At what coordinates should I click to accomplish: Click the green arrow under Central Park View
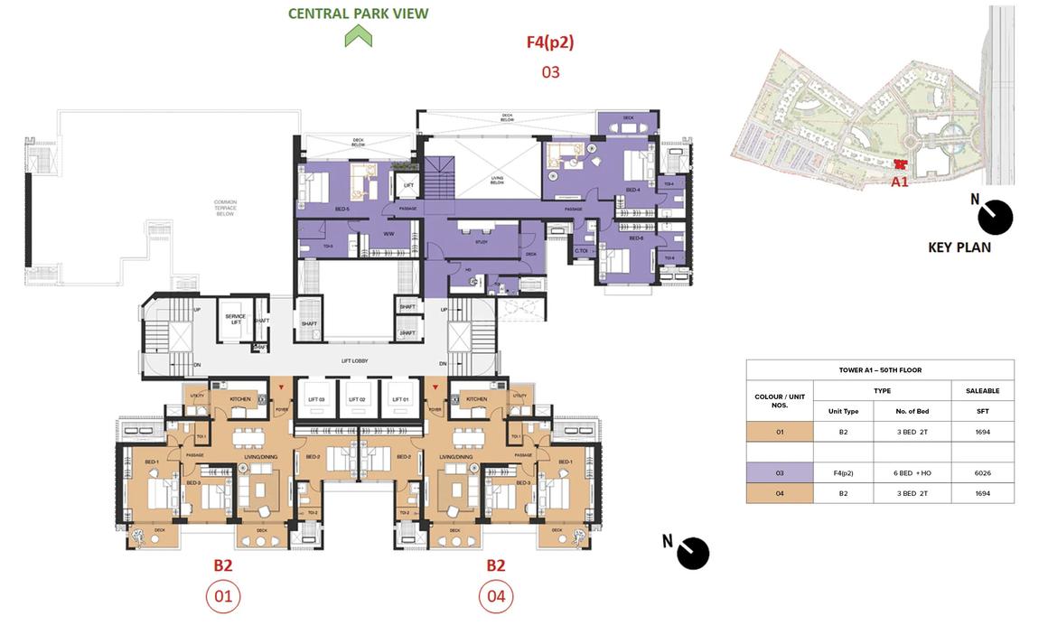pyautogui.click(x=359, y=36)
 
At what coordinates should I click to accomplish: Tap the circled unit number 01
pyautogui.click(x=223, y=597)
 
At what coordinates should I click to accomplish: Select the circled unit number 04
pyautogui.click(x=495, y=597)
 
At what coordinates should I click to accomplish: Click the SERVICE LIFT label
pyautogui.click(x=236, y=319)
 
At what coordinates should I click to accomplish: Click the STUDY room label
pyautogui.click(x=482, y=242)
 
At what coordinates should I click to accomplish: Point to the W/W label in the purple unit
pyautogui.click(x=388, y=234)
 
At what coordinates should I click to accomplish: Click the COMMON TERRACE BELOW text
pyautogui.click(x=225, y=207)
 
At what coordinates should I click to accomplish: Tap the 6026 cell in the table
pyautogui.click(x=983, y=472)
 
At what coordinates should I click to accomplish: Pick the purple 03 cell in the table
pyautogui.click(x=780, y=472)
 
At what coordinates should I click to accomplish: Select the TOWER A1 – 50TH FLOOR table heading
pyautogui.click(x=879, y=369)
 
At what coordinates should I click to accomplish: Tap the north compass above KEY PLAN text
pyautogui.click(x=996, y=217)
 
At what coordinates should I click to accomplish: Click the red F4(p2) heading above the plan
pyautogui.click(x=550, y=42)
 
